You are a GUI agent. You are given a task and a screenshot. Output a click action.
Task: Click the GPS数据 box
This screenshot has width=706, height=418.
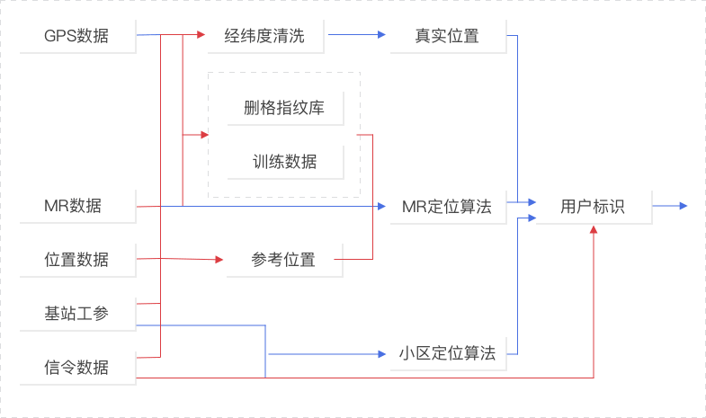76,37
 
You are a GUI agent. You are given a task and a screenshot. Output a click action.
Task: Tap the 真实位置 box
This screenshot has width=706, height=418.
447,37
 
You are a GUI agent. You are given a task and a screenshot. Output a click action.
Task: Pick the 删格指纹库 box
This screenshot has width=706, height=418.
283,109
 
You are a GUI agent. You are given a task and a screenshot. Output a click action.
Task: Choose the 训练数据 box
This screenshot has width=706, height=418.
283,162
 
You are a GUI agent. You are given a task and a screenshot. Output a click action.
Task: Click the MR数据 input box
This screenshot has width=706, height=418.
76,206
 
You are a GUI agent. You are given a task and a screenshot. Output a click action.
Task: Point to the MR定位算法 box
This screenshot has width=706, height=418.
447,206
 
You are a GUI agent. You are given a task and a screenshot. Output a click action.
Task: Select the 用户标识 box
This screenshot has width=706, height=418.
593,206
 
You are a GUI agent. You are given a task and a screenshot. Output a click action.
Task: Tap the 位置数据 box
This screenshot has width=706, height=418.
76,260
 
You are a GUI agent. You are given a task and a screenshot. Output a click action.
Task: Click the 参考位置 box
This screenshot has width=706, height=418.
283,260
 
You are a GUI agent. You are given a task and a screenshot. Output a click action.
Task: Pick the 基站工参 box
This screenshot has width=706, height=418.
76,314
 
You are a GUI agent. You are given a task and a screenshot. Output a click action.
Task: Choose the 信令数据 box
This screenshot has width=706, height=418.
76,367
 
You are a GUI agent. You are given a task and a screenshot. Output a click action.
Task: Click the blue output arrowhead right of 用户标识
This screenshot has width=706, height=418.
684,206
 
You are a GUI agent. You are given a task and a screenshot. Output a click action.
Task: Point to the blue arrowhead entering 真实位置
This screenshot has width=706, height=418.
382,37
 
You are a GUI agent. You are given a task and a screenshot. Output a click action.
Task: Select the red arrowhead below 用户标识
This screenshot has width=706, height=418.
593,229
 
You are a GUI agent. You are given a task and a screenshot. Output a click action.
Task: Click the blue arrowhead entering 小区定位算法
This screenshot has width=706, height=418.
382,354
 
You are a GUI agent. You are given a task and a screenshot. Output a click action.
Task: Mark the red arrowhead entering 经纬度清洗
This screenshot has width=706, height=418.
201,36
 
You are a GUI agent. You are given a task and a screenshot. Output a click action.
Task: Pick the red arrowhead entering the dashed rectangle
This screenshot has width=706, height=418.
203,136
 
